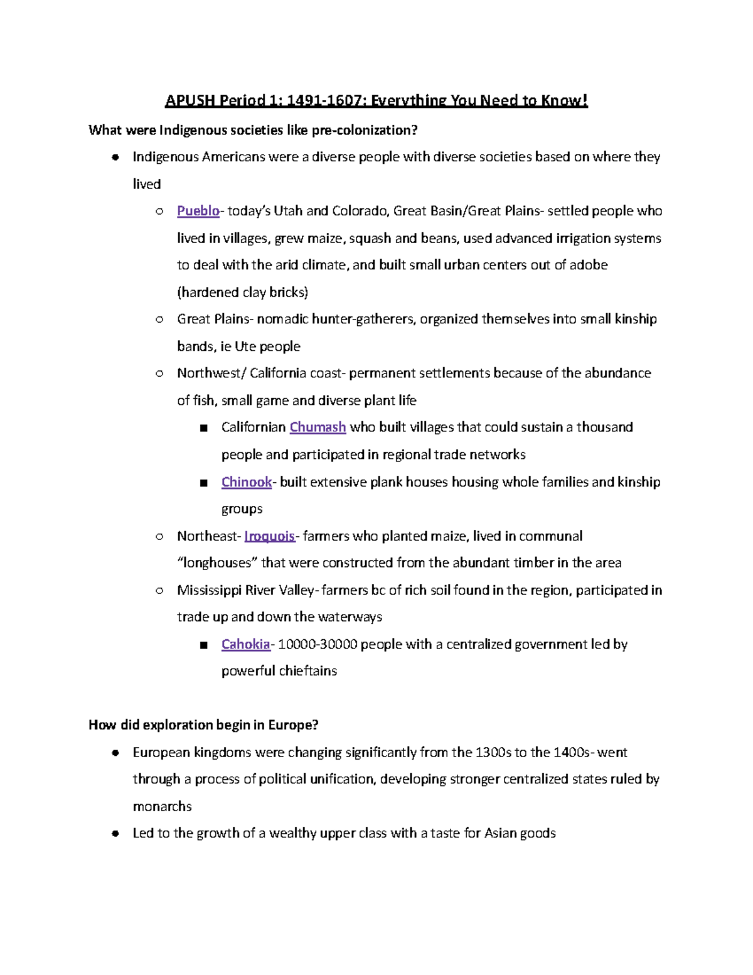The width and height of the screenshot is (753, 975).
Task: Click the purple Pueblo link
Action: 198,211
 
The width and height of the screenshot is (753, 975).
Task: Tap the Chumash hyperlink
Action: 318,428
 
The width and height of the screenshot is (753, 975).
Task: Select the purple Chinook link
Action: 246,482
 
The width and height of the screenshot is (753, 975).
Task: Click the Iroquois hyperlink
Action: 269,536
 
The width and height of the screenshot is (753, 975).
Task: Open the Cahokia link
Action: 245,644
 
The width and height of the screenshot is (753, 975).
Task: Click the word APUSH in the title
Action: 190,100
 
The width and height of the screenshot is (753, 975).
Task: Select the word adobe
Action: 589,265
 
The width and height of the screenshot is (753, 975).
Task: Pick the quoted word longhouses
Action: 217,563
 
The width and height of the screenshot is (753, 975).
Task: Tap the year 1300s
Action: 493,752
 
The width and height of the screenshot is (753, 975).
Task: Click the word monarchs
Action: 162,806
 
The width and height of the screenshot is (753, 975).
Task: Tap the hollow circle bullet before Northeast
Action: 159,536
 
